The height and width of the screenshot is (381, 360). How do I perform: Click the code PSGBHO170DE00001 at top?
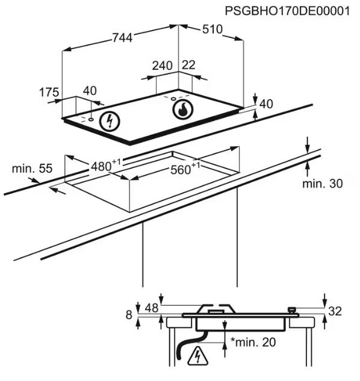coord(287,11)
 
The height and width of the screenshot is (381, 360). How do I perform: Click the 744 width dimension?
coord(123,38)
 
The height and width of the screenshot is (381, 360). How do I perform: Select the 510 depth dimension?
coord(213,29)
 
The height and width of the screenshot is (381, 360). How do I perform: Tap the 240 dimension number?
coord(163,66)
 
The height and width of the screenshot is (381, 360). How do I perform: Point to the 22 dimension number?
coord(188,65)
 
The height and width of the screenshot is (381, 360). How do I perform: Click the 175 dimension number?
coord(49,92)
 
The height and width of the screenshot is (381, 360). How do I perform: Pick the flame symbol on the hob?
coord(183,109)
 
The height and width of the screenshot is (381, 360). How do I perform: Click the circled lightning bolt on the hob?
coord(110,121)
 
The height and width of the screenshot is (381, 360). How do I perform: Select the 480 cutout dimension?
coord(105,166)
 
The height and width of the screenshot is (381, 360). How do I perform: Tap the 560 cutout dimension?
coord(185,169)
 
